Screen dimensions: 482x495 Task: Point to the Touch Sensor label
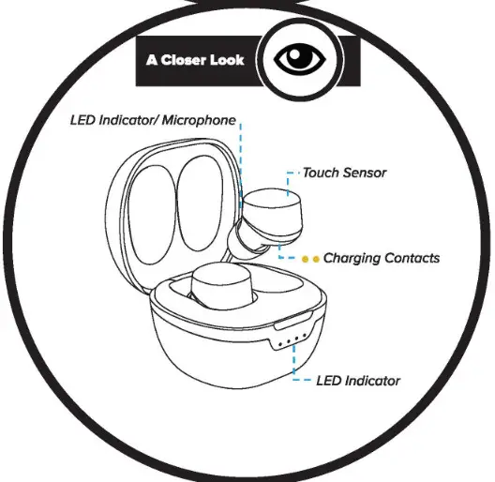tap(344, 173)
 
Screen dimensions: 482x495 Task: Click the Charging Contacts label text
tap(382, 258)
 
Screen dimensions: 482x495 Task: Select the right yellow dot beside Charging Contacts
tap(316, 258)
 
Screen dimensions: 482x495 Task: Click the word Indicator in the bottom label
tap(372, 381)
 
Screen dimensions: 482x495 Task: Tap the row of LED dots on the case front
tap(292, 342)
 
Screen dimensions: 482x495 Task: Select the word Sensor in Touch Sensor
tap(366, 173)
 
